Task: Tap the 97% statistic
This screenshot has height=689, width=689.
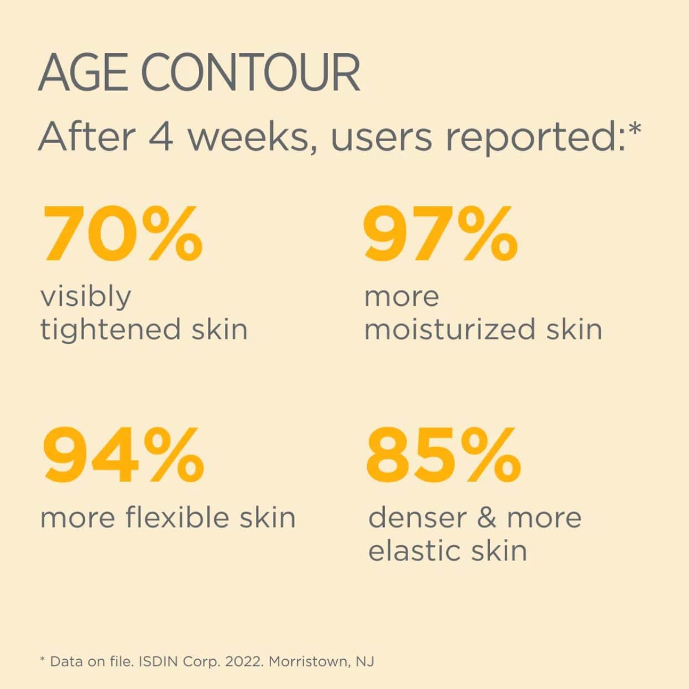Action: (x=441, y=233)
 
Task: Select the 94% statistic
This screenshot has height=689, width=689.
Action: (x=123, y=456)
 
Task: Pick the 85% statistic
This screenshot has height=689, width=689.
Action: (x=443, y=456)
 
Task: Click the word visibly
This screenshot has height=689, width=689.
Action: (x=86, y=297)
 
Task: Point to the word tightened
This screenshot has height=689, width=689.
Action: (x=110, y=329)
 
